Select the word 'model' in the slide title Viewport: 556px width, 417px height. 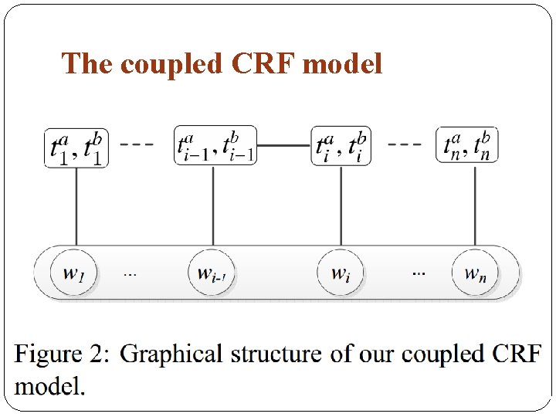click(x=343, y=64)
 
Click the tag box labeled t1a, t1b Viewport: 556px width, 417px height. click(x=76, y=147)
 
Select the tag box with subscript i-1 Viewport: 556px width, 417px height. click(x=215, y=145)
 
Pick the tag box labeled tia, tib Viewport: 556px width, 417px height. click(x=341, y=145)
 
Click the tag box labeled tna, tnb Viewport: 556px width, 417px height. click(x=467, y=145)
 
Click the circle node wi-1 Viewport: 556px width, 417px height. click(x=212, y=273)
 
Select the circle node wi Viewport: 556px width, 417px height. click(x=341, y=273)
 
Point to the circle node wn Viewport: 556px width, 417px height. click(x=475, y=273)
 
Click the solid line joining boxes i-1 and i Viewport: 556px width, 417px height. click(x=283, y=144)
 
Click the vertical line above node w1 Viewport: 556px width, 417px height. click(x=76, y=205)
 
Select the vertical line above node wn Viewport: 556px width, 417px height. click(x=475, y=205)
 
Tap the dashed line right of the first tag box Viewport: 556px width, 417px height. click(x=137, y=144)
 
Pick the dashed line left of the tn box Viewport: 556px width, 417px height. click(x=405, y=144)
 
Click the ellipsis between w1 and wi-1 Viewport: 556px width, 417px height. click(x=131, y=274)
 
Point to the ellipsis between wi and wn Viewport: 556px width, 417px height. click(x=418, y=274)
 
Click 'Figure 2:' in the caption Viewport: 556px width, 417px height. click(x=63, y=355)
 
